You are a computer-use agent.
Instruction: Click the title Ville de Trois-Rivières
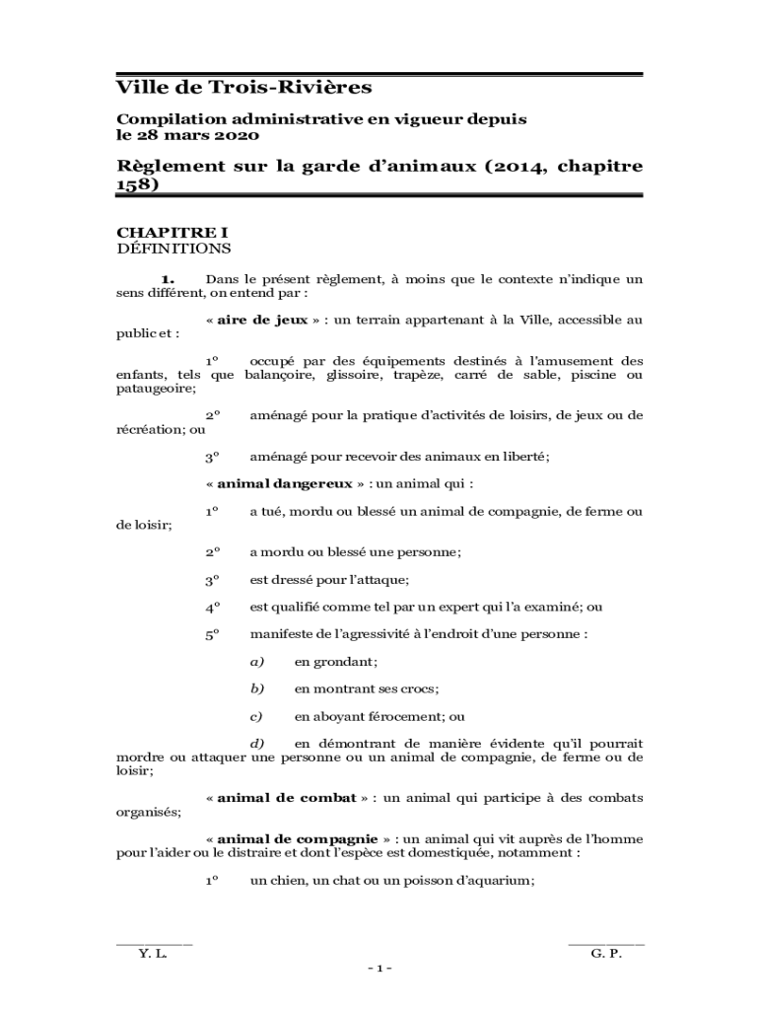(x=244, y=88)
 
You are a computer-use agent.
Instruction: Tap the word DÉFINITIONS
(x=173, y=248)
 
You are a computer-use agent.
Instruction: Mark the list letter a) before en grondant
(x=256, y=662)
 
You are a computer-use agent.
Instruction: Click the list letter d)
(x=256, y=743)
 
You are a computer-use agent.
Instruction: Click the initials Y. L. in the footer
(x=153, y=954)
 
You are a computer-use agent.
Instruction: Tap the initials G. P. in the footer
(x=606, y=954)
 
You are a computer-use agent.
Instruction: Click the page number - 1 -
(x=379, y=968)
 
